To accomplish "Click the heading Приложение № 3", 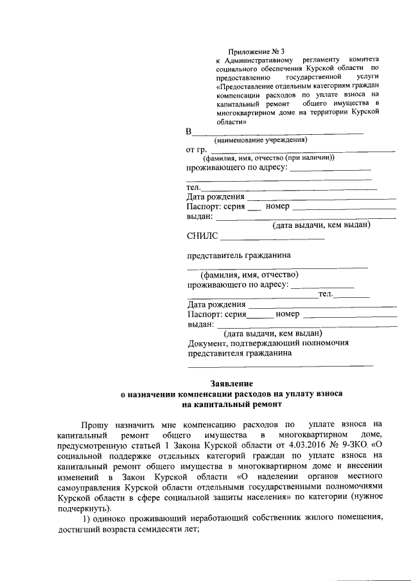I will (x=256, y=51).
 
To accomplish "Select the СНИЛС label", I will (x=202, y=237).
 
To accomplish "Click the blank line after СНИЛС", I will (x=272, y=239).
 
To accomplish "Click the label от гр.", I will (x=196, y=150).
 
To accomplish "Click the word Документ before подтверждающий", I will (x=207, y=343).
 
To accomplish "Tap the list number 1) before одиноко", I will (x=86, y=517).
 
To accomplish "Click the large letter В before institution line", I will (x=189, y=132).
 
